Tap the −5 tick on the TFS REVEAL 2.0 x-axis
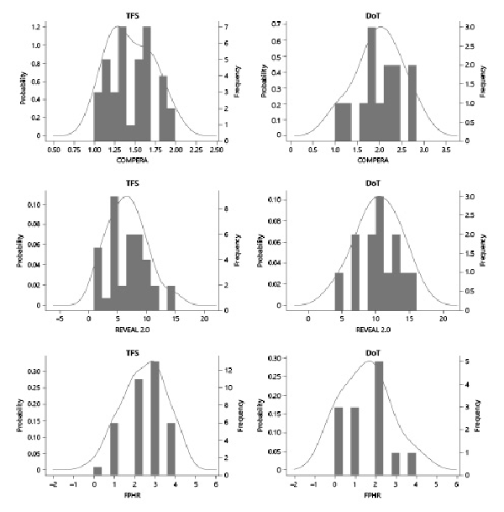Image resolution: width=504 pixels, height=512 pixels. [x=60, y=319]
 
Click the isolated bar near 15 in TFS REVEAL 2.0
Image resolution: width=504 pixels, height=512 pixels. [x=171, y=298]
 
